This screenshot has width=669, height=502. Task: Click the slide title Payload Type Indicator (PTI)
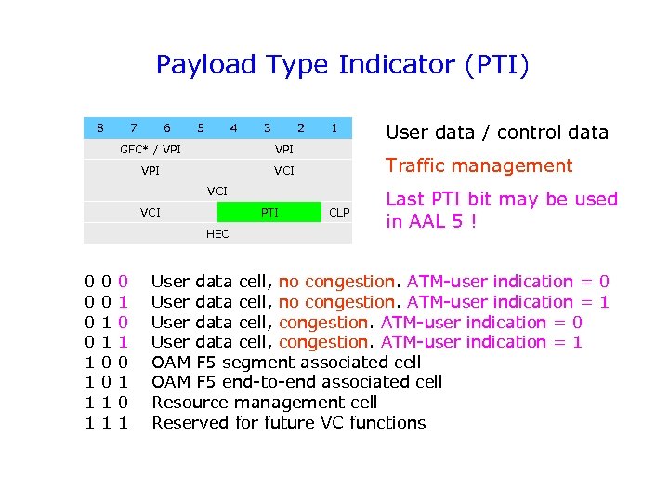point(342,65)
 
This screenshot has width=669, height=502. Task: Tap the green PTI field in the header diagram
point(269,213)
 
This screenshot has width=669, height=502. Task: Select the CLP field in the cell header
point(340,213)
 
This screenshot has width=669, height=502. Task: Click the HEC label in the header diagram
point(217,234)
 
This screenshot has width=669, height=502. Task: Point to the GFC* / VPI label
point(151,149)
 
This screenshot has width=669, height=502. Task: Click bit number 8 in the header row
point(100,127)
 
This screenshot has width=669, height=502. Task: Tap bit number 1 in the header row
point(334,127)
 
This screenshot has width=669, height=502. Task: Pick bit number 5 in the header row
point(201,127)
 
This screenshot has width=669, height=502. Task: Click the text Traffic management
point(479,166)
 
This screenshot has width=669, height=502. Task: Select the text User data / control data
point(496,132)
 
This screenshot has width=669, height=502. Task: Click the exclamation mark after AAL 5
point(474,222)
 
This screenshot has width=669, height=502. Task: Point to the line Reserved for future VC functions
point(288,423)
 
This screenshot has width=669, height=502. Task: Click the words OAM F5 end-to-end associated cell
point(296,382)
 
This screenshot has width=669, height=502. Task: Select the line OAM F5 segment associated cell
point(285,362)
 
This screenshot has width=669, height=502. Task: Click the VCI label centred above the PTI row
point(217,192)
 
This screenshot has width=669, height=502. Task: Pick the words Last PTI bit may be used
point(501,199)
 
